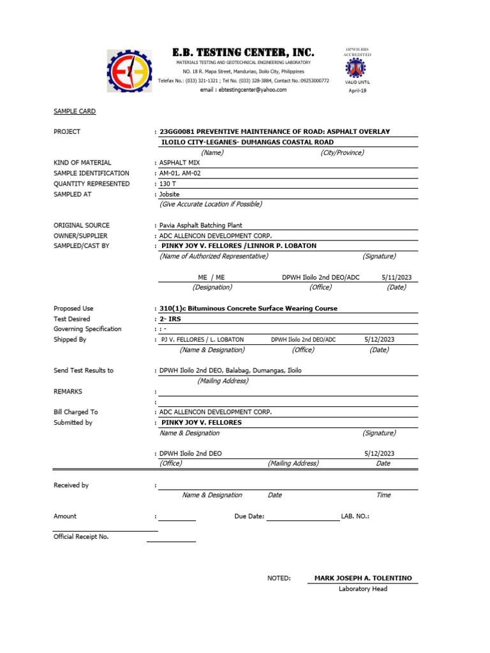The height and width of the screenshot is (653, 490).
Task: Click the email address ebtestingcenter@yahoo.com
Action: [x=243, y=91]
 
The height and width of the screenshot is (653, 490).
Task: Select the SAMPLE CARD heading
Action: [x=75, y=112]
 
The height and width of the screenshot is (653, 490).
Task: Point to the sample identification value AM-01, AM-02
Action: [x=180, y=173]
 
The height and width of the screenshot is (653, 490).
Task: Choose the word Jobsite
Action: [x=169, y=194]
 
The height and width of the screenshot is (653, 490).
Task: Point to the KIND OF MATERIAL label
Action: [x=82, y=163]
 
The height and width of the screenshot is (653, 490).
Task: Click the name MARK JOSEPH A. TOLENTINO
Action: [x=363, y=578]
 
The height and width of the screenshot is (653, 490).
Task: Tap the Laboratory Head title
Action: [x=363, y=589]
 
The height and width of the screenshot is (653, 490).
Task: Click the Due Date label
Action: [x=249, y=517]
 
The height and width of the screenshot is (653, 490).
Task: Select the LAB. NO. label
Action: [x=355, y=517]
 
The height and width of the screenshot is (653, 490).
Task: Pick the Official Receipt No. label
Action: [x=81, y=537]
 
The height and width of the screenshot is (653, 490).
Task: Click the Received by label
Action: [x=71, y=485]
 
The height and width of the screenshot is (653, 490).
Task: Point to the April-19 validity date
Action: [x=357, y=91]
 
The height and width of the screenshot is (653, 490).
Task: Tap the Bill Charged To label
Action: [x=76, y=412]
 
